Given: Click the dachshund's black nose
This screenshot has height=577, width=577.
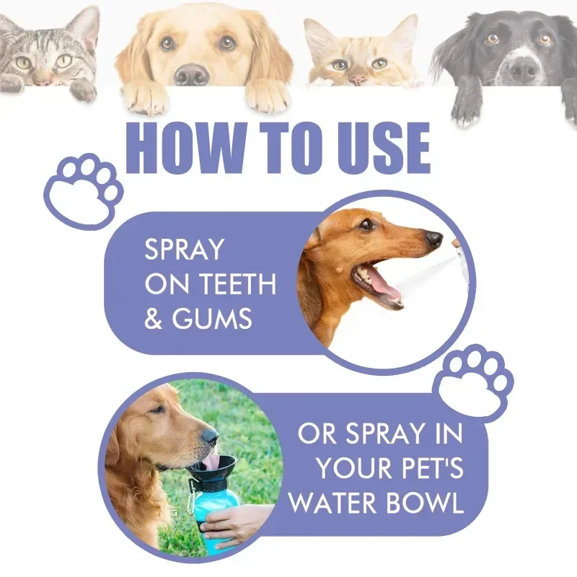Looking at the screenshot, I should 433,239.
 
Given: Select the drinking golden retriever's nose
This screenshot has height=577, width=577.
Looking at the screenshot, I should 210,436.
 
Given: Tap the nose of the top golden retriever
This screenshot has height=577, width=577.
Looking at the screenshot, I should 192,75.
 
